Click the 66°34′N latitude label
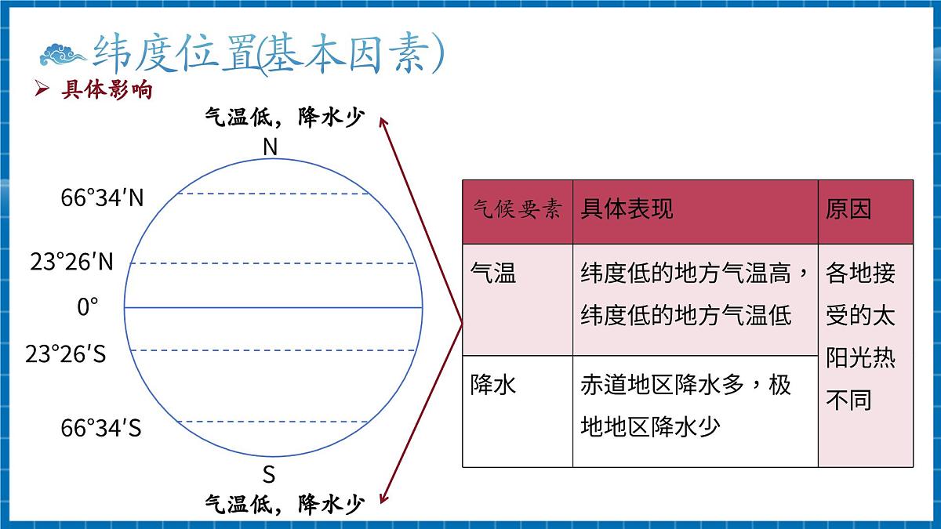point(103,197)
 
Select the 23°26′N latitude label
point(72,263)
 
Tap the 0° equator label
point(89,307)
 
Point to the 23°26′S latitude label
point(66,355)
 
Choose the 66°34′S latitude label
point(101,429)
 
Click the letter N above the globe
point(271,147)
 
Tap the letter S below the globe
point(269,475)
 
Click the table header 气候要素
point(517,209)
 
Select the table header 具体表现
point(627,208)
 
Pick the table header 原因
point(848,208)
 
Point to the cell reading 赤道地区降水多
point(686,406)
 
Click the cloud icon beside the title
point(63,55)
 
